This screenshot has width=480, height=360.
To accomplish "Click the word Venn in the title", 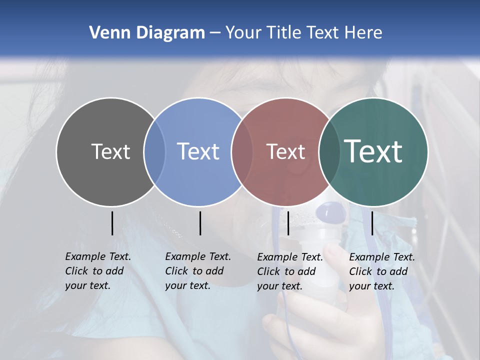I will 107,33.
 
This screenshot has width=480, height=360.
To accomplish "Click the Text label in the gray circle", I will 110,151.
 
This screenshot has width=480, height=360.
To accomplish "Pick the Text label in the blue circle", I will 198,151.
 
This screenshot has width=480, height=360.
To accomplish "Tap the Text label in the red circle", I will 285,151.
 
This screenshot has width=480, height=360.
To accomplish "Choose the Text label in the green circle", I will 373,151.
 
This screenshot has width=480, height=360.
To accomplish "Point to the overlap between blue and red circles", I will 242,152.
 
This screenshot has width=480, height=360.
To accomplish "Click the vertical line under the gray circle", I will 112,223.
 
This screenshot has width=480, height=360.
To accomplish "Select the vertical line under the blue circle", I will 200,223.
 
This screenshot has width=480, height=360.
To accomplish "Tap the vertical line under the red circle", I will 288,223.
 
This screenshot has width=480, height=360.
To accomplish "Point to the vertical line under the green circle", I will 372,223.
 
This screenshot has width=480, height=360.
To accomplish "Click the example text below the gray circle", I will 98,271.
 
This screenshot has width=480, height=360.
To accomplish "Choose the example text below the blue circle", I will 198,271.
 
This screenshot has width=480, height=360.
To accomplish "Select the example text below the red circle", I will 290,271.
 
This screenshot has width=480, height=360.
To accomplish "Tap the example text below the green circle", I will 382,271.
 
